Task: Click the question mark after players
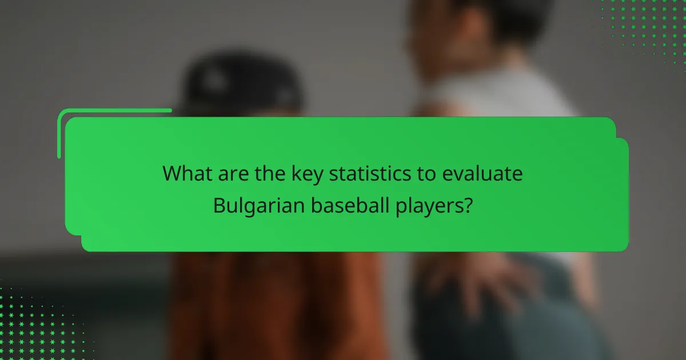468,205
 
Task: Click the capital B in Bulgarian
219,205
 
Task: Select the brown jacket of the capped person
274,303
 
